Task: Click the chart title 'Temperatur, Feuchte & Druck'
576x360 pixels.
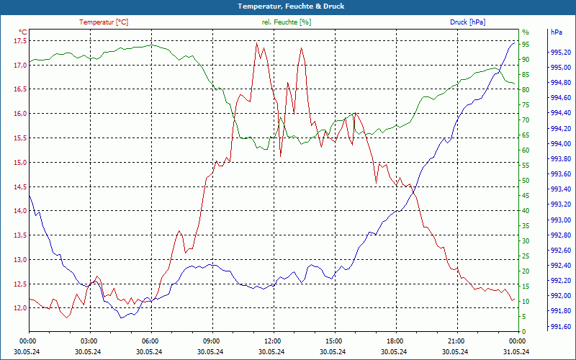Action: pyautogui.click(x=287, y=6)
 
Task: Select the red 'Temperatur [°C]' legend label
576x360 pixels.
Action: pyautogui.click(x=104, y=22)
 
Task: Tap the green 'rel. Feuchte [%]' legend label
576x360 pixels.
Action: pyautogui.click(x=287, y=22)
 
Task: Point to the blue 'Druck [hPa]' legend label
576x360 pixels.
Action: pyautogui.click(x=467, y=22)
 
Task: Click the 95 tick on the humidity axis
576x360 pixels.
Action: pyautogui.click(x=526, y=44)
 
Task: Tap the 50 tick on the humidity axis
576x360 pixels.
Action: pyautogui.click(x=526, y=180)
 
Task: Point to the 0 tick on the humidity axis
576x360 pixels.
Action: pyautogui.click(x=524, y=331)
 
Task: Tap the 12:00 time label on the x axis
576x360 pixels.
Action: pyautogui.click(x=272, y=341)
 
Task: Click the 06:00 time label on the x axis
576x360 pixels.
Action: pyautogui.click(x=150, y=341)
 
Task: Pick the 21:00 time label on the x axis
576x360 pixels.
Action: pyautogui.click(x=455, y=341)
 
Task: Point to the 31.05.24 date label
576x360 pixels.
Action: pyautogui.click(x=516, y=351)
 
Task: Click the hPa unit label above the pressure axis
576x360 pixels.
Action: pyautogui.click(x=557, y=32)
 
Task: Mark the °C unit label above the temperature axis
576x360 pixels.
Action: pyautogui.click(x=22, y=32)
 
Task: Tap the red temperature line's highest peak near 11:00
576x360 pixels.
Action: pyautogui.click(x=256, y=42)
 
